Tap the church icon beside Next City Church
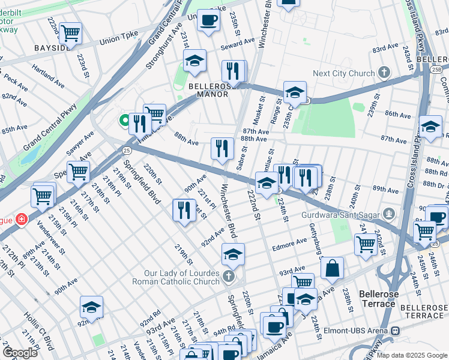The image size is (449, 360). (383, 73)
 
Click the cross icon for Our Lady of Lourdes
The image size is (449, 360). (228, 276)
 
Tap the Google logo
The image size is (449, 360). (20, 352)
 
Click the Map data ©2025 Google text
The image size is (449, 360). (411, 355)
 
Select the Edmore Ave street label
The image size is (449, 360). (292, 244)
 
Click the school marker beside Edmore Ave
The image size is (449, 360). (233, 254)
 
